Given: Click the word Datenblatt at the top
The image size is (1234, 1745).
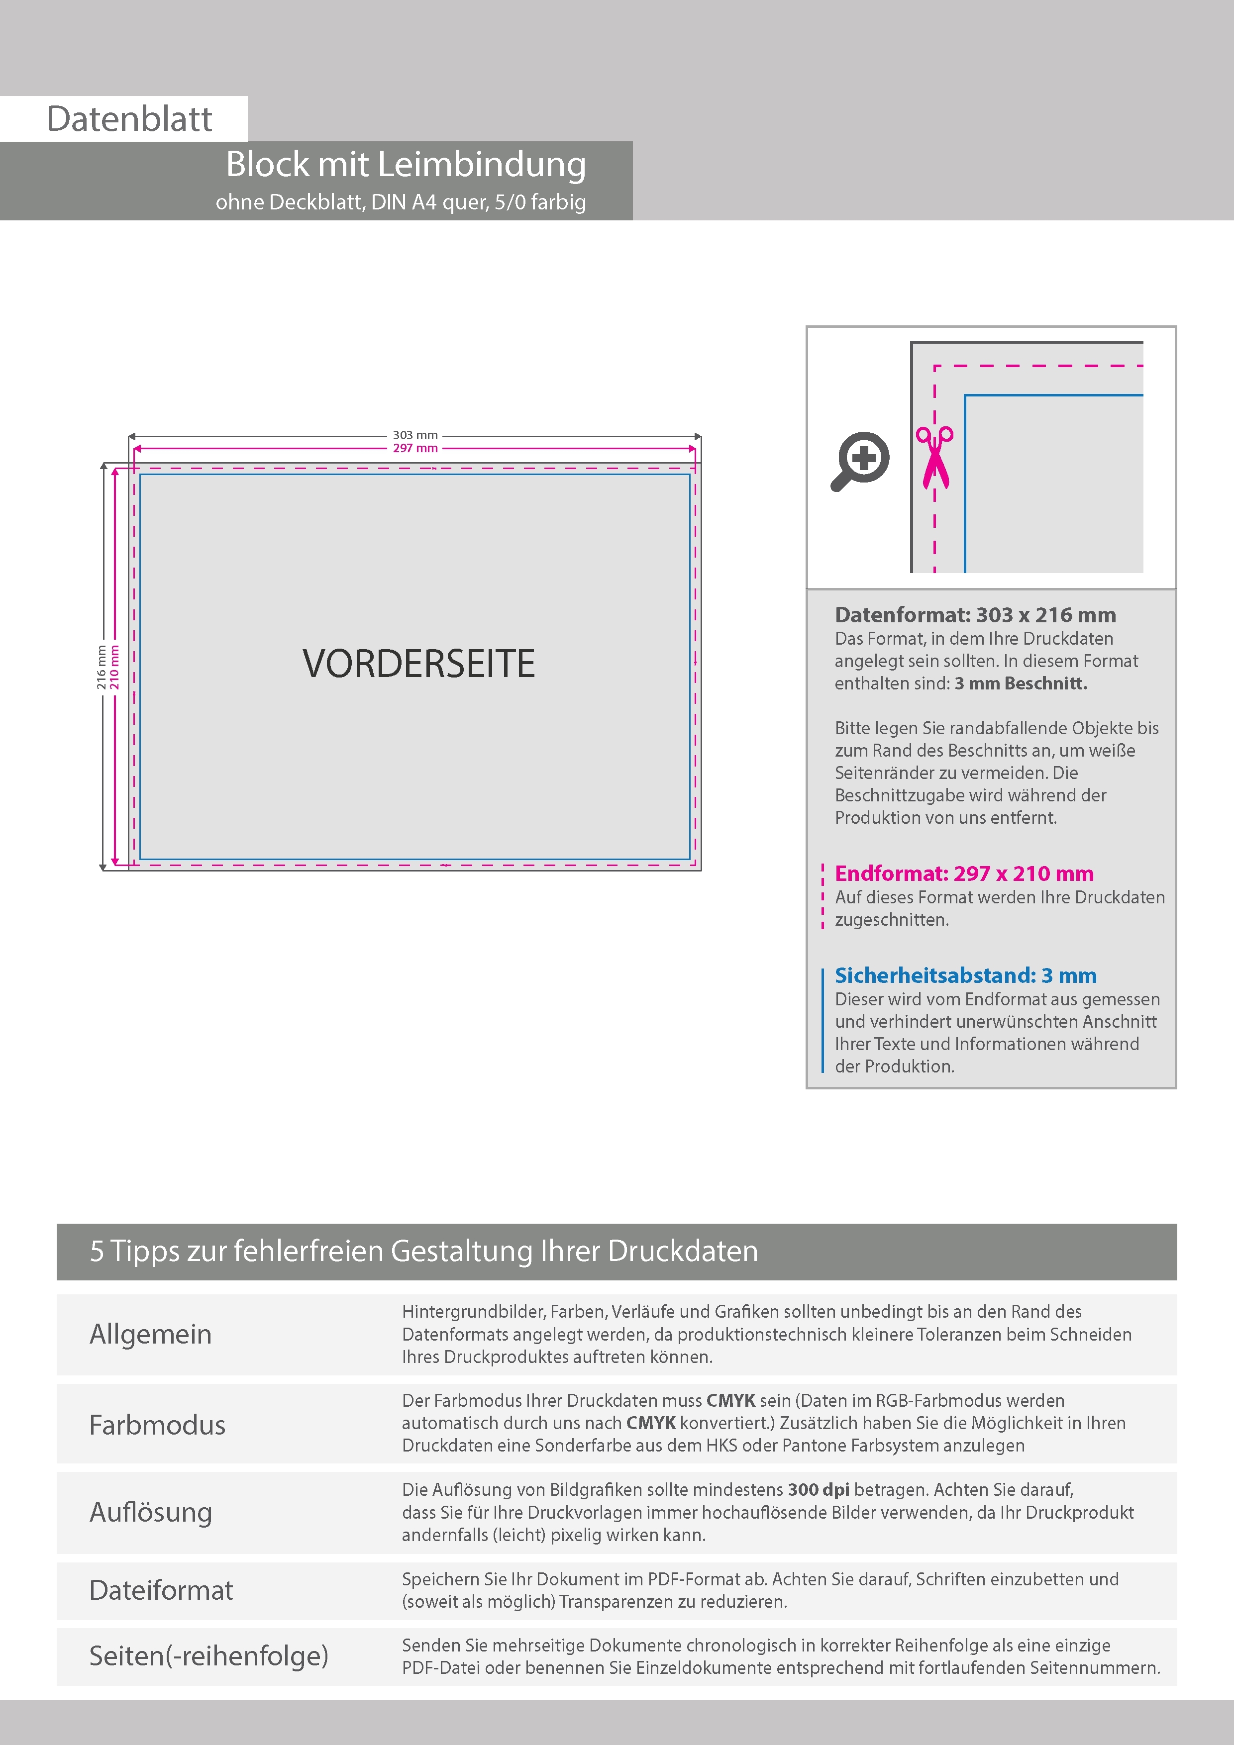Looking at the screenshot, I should (129, 119).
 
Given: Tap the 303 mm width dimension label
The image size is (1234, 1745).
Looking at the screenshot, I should (415, 435).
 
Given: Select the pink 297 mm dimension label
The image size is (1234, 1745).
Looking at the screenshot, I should (415, 448).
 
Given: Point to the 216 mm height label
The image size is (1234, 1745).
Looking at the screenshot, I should (101, 667).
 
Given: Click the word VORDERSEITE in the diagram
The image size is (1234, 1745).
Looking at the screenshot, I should (419, 664).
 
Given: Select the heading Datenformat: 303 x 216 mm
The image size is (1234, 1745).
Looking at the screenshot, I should (975, 615).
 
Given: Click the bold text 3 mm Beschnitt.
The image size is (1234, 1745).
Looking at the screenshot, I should (1021, 683).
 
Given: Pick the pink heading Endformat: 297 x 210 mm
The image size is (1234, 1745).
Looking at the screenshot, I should (964, 873).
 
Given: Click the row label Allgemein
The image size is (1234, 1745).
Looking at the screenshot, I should (151, 1334).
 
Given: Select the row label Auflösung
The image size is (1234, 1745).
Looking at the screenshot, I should (151, 1512).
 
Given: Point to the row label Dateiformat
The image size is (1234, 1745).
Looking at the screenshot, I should (161, 1590).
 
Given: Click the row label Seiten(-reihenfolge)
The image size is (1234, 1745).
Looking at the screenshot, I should (208, 1655).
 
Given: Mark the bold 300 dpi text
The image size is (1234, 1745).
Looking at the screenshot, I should (818, 1490).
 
